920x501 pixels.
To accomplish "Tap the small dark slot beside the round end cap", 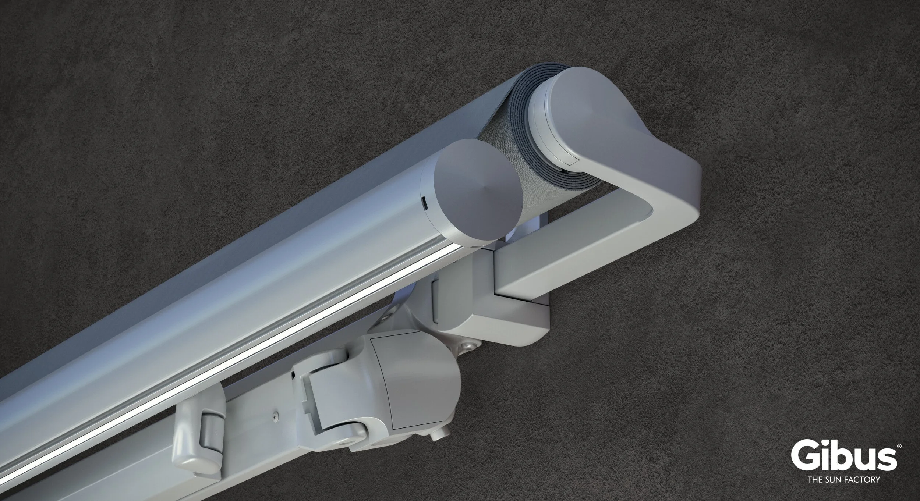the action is click(424, 201).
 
